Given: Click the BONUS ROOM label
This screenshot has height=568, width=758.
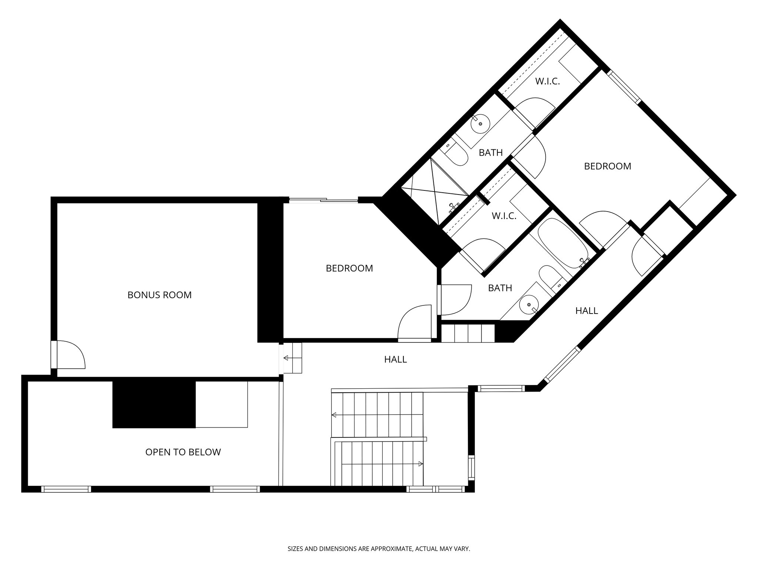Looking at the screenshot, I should click(x=160, y=295).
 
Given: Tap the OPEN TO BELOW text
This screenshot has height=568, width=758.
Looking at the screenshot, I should click(x=183, y=452).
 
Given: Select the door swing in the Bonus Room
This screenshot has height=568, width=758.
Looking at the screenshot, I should click(x=70, y=355).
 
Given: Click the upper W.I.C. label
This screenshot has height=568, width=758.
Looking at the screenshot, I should click(x=547, y=81).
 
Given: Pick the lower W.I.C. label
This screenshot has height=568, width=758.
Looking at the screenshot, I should click(x=504, y=216).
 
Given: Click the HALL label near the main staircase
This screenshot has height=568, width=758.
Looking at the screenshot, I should click(x=395, y=359).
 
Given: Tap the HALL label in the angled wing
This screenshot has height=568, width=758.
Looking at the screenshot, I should click(x=586, y=311).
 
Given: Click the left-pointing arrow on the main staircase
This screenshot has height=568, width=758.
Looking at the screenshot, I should click(x=334, y=415).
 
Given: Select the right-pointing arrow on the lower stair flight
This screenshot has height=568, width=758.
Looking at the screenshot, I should click(x=420, y=464).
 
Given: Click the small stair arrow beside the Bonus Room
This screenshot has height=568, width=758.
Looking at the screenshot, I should click(x=286, y=358).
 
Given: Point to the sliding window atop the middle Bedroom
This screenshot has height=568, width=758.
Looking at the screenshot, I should click(x=323, y=200).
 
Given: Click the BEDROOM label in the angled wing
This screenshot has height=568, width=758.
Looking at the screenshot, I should click(x=607, y=166).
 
